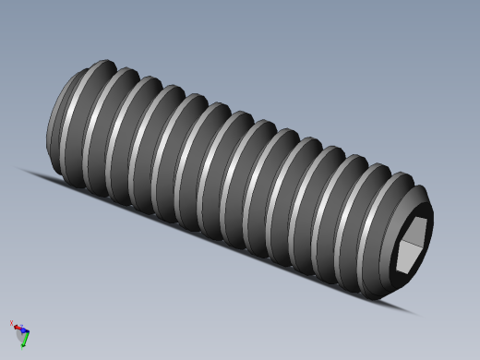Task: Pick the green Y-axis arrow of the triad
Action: point(24,339)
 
